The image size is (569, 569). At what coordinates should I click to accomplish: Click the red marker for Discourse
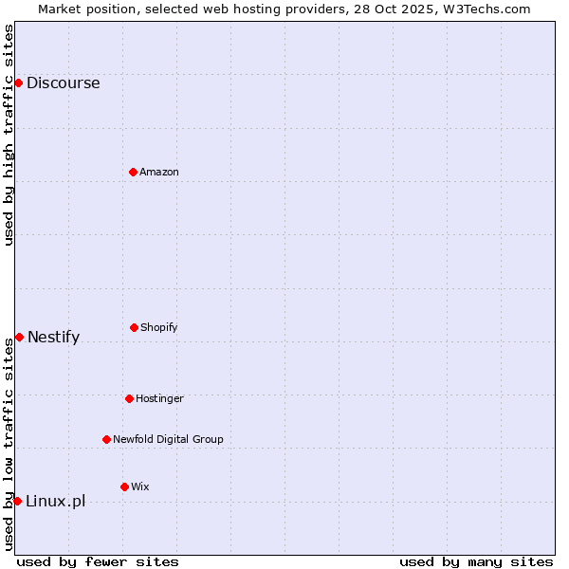pos(18,83)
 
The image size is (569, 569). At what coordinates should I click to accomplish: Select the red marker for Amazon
pos(133,172)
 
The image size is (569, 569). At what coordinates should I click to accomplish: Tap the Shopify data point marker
pos(134,327)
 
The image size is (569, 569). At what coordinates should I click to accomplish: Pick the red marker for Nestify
pos(19,337)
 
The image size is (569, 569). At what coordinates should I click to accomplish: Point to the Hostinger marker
pos(129,398)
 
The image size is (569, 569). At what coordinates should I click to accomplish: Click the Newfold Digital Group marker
pos(106,439)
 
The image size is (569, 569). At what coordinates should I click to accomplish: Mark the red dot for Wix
pos(124,486)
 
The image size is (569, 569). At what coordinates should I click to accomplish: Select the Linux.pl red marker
pos(17,501)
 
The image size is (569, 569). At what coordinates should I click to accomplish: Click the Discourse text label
pos(63,83)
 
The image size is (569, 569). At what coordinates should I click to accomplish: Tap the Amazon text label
pos(159,172)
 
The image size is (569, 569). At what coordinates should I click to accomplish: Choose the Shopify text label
pos(159,327)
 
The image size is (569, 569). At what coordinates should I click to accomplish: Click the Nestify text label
pos(53,337)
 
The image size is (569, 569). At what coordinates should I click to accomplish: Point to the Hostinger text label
pos(159,398)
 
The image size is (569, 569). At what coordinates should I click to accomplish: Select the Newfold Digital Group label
pos(168,439)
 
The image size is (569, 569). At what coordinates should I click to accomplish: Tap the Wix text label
pos(140,486)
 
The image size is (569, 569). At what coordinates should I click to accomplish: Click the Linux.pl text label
pos(55,501)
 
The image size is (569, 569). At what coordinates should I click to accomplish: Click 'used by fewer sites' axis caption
pos(98,561)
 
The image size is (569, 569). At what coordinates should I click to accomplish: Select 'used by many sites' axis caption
pos(476,561)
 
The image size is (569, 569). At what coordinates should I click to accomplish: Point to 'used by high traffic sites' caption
pos(9,135)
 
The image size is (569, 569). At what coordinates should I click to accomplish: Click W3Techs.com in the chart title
pos(484,9)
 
